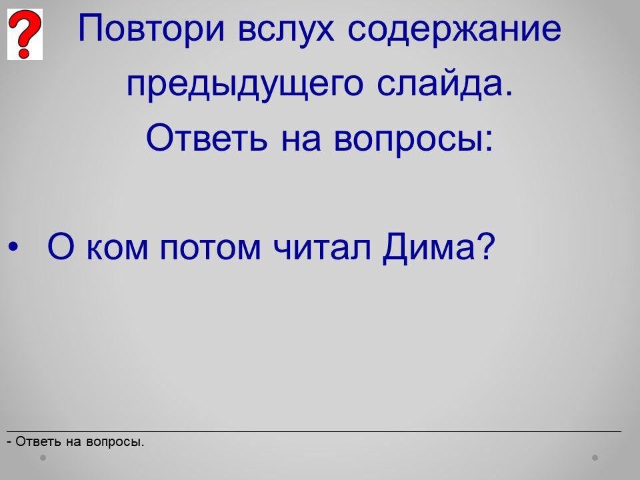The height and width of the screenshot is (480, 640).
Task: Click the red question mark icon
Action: [25, 34]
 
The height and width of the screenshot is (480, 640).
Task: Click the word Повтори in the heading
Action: [151, 29]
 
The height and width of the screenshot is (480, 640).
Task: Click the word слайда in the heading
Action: [445, 85]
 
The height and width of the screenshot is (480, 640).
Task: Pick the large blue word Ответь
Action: [207, 137]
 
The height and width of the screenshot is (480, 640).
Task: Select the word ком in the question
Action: [117, 249]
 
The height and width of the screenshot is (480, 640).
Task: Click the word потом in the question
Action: [210, 249]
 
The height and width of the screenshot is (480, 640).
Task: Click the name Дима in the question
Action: [429, 248]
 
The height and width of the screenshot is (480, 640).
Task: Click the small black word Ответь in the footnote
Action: [38, 441]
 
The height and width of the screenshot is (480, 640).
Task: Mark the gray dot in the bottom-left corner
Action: [43, 457]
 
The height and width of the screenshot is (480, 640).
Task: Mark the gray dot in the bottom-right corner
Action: [595, 457]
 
